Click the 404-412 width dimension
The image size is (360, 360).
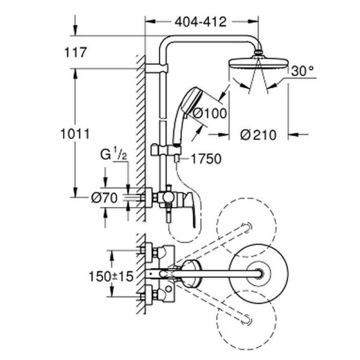(201, 22)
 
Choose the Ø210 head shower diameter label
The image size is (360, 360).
(258, 135)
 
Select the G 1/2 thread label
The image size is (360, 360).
(114, 155)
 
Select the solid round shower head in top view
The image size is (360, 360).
(259, 274)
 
